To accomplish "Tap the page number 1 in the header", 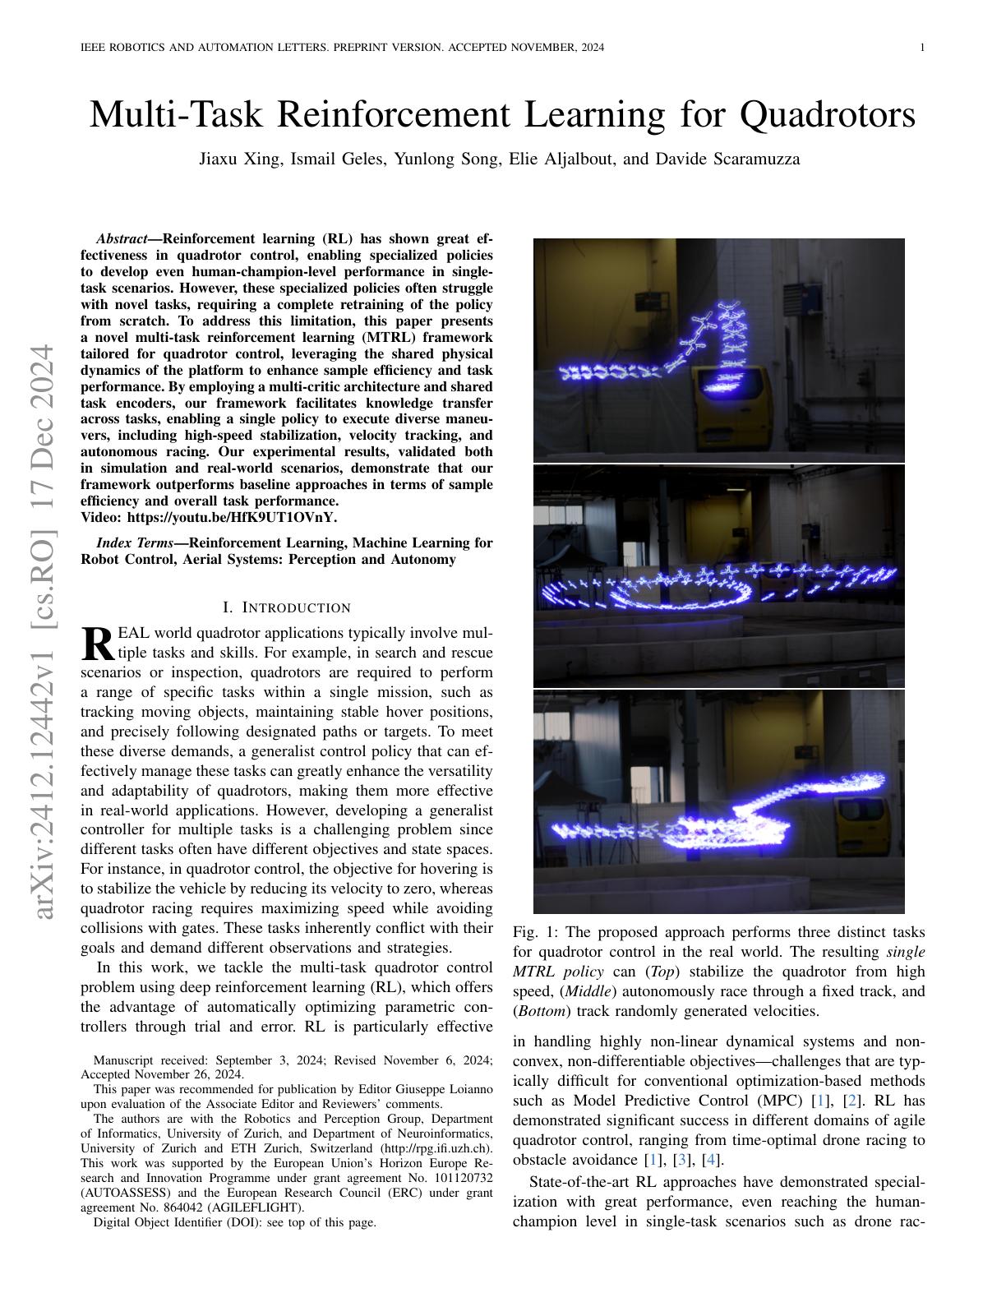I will (x=922, y=48).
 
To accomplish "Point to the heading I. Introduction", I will (x=287, y=607).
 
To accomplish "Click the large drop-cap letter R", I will (x=98, y=644).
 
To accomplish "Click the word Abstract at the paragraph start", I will (x=121, y=239).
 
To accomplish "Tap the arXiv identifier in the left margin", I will (x=44, y=632).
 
